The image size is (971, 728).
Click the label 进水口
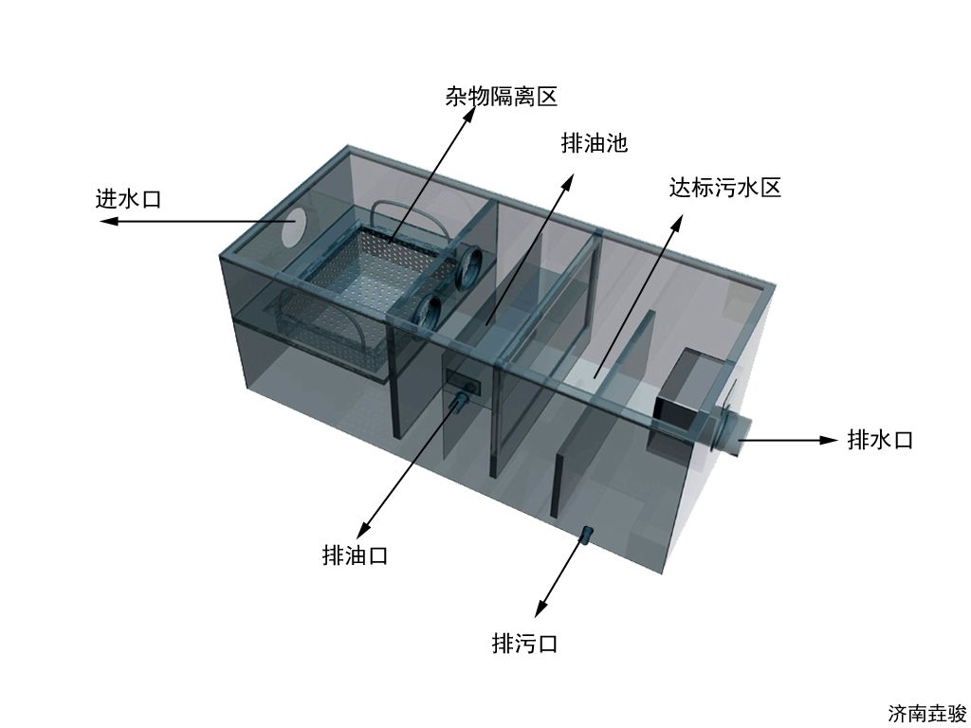click(128, 199)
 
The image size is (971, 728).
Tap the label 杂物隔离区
click(502, 97)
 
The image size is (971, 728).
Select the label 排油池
click(595, 143)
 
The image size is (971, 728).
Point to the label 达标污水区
click(725, 187)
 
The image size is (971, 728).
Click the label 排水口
click(881, 440)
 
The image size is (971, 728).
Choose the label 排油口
click(355, 555)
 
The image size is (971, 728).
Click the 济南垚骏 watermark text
click(927, 713)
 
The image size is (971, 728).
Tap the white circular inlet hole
click(293, 227)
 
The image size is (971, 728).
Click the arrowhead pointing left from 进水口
click(108, 221)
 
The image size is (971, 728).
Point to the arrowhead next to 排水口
click(829, 440)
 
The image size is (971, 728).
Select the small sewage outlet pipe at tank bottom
click(586, 535)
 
